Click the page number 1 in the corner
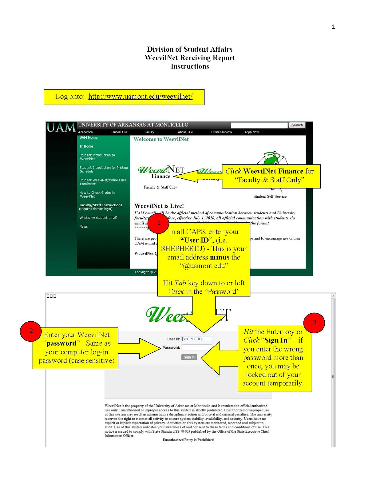pyautogui.click(x=333, y=27)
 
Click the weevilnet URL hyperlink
pyautogui.click(x=140, y=97)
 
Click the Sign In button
pyautogui.click(x=189, y=357)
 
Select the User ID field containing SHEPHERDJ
pyautogui.click(x=196, y=339)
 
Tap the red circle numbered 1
pyautogui.click(x=159, y=223)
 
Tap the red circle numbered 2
pyautogui.click(x=31, y=331)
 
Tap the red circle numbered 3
pyautogui.click(x=314, y=322)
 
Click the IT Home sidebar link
pyautogui.click(x=86, y=146)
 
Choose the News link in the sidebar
pyautogui.click(x=84, y=227)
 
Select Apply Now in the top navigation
pyautogui.click(x=251, y=132)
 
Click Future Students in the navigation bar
pyautogui.click(x=221, y=132)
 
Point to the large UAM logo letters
pyautogui.click(x=61, y=127)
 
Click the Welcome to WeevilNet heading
pyautogui.click(x=161, y=139)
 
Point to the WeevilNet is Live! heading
pyautogui.click(x=159, y=206)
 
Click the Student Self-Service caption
pyautogui.click(x=270, y=196)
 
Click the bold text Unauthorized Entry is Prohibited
pyautogui.click(x=188, y=440)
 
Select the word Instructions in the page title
pyautogui.click(x=190, y=66)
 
